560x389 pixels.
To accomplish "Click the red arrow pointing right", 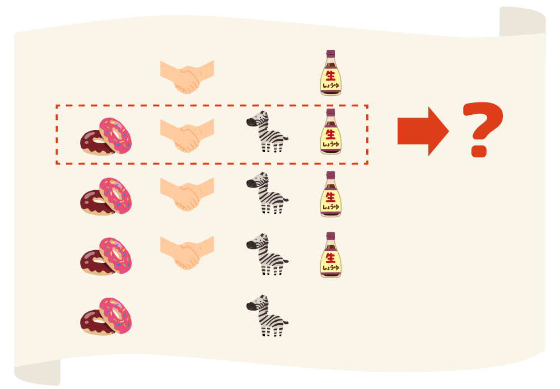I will tap(421, 132).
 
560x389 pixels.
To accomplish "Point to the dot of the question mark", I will tap(479, 151).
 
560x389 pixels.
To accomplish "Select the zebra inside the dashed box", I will tap(267, 132).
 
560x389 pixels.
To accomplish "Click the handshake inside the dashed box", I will tap(187, 135).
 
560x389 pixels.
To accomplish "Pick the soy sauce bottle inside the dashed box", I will tap(330, 132).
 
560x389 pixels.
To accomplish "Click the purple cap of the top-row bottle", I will tap(330, 54).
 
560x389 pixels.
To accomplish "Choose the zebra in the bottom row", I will tap(267, 316).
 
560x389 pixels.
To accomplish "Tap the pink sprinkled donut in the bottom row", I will tap(116, 315).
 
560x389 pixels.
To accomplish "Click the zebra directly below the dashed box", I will tap(267, 193).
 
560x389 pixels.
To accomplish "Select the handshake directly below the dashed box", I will tap(187, 194).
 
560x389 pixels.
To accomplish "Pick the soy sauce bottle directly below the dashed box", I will tap(330, 194).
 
